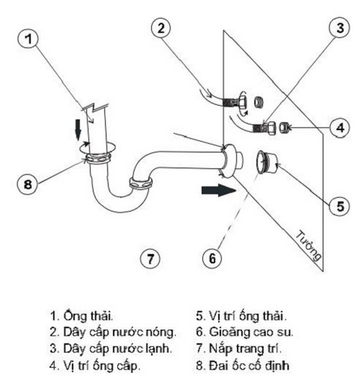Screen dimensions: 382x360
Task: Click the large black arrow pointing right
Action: [218, 190]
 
